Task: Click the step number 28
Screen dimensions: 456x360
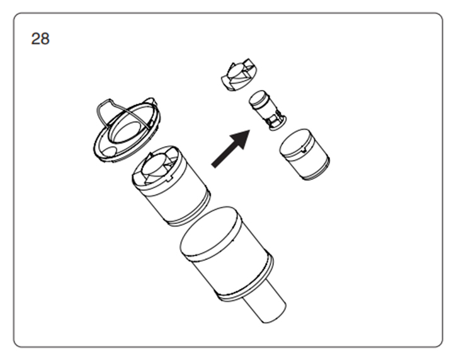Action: tap(40, 38)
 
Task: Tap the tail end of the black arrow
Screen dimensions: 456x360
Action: tap(214, 166)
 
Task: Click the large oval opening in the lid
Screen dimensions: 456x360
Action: tap(128, 132)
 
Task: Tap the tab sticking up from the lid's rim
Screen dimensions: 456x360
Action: tap(151, 102)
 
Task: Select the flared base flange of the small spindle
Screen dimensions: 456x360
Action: tap(277, 123)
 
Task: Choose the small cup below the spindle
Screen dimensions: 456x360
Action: tap(304, 154)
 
